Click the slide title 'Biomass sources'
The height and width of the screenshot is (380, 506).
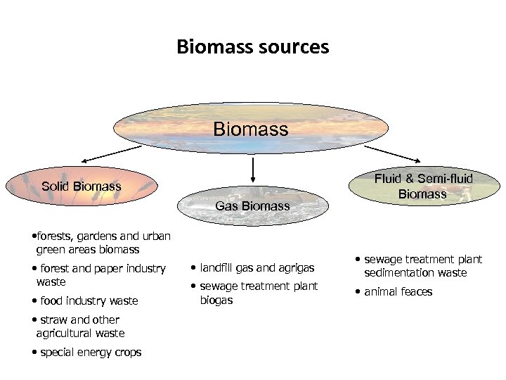[252, 47]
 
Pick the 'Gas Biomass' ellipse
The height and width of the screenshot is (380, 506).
[252, 205]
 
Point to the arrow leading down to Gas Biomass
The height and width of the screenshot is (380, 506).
[252, 168]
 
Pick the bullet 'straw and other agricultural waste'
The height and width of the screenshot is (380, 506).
[79, 327]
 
